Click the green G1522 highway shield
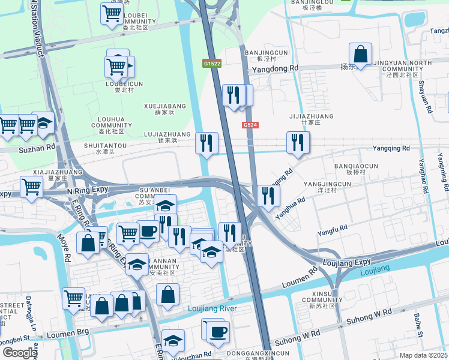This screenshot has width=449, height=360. [x=212, y=63]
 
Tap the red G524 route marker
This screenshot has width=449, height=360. [x=250, y=125]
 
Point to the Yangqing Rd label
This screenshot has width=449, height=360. [x=391, y=148]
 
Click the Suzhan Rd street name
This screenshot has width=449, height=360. [x=37, y=146]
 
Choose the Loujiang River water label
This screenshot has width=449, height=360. [x=212, y=308]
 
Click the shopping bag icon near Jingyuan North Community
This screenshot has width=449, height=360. [x=360, y=54]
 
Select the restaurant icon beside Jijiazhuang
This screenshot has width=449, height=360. [x=298, y=142]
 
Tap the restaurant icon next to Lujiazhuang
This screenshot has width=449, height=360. [x=206, y=143]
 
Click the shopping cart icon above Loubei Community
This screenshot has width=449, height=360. [x=112, y=13]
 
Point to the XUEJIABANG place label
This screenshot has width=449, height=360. [x=165, y=106]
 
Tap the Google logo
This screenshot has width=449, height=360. [x=20, y=353]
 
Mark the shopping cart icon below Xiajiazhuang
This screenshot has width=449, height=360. [x=31, y=187]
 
